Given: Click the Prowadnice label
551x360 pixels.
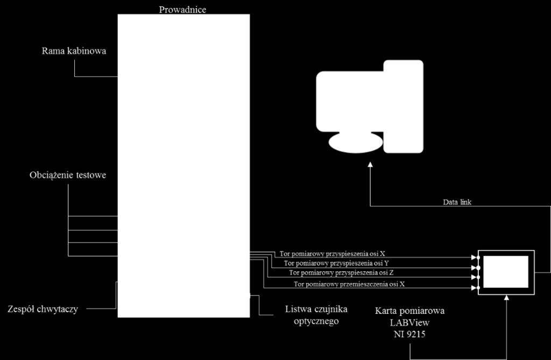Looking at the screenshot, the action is [182, 10].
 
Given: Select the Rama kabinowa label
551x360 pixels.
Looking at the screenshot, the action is [74, 51].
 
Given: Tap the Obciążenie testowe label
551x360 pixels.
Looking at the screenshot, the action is [68, 175].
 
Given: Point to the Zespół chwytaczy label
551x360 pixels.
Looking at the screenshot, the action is [43, 309].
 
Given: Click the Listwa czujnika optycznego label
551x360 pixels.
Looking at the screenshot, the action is [316, 315].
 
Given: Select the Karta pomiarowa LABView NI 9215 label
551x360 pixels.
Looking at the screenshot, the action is [409, 322].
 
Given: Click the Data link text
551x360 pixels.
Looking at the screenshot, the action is [457, 202].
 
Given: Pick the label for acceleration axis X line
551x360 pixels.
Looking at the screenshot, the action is [332, 253].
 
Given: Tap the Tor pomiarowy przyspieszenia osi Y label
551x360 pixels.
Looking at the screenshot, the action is [336, 263].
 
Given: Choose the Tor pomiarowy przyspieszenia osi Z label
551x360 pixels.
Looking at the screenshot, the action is [341, 272].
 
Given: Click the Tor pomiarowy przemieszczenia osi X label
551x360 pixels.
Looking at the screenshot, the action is [349, 284].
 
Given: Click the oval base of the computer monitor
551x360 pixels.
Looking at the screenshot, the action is [356, 143].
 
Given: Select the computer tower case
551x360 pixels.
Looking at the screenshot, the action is [404, 107].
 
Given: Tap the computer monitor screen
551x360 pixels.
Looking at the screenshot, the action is [350, 102].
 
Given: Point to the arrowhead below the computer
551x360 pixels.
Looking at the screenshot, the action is [370, 165].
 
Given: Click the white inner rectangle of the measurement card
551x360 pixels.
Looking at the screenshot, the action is [506, 272].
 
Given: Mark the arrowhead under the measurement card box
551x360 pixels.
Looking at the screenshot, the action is [506, 298].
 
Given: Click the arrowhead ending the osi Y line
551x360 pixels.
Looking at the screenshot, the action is [474, 268].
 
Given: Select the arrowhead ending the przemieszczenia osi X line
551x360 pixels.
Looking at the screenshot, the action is [474, 288].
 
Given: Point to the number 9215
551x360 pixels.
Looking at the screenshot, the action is [416, 334].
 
